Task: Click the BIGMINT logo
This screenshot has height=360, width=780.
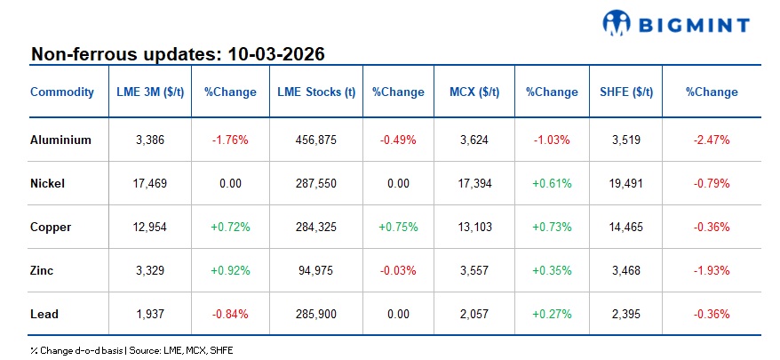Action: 676,23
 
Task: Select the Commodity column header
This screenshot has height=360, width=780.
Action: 62,92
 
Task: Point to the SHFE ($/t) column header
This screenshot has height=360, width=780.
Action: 621,92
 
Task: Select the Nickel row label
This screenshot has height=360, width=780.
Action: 47,183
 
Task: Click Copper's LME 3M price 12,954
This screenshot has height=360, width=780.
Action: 150,227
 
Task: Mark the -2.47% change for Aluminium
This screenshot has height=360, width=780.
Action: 711,140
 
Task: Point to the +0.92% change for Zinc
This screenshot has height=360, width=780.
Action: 229,270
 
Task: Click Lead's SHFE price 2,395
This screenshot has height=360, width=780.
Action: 621,314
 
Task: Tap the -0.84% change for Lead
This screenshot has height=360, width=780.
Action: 229,314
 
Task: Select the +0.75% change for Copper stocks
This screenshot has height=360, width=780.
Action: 397,227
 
